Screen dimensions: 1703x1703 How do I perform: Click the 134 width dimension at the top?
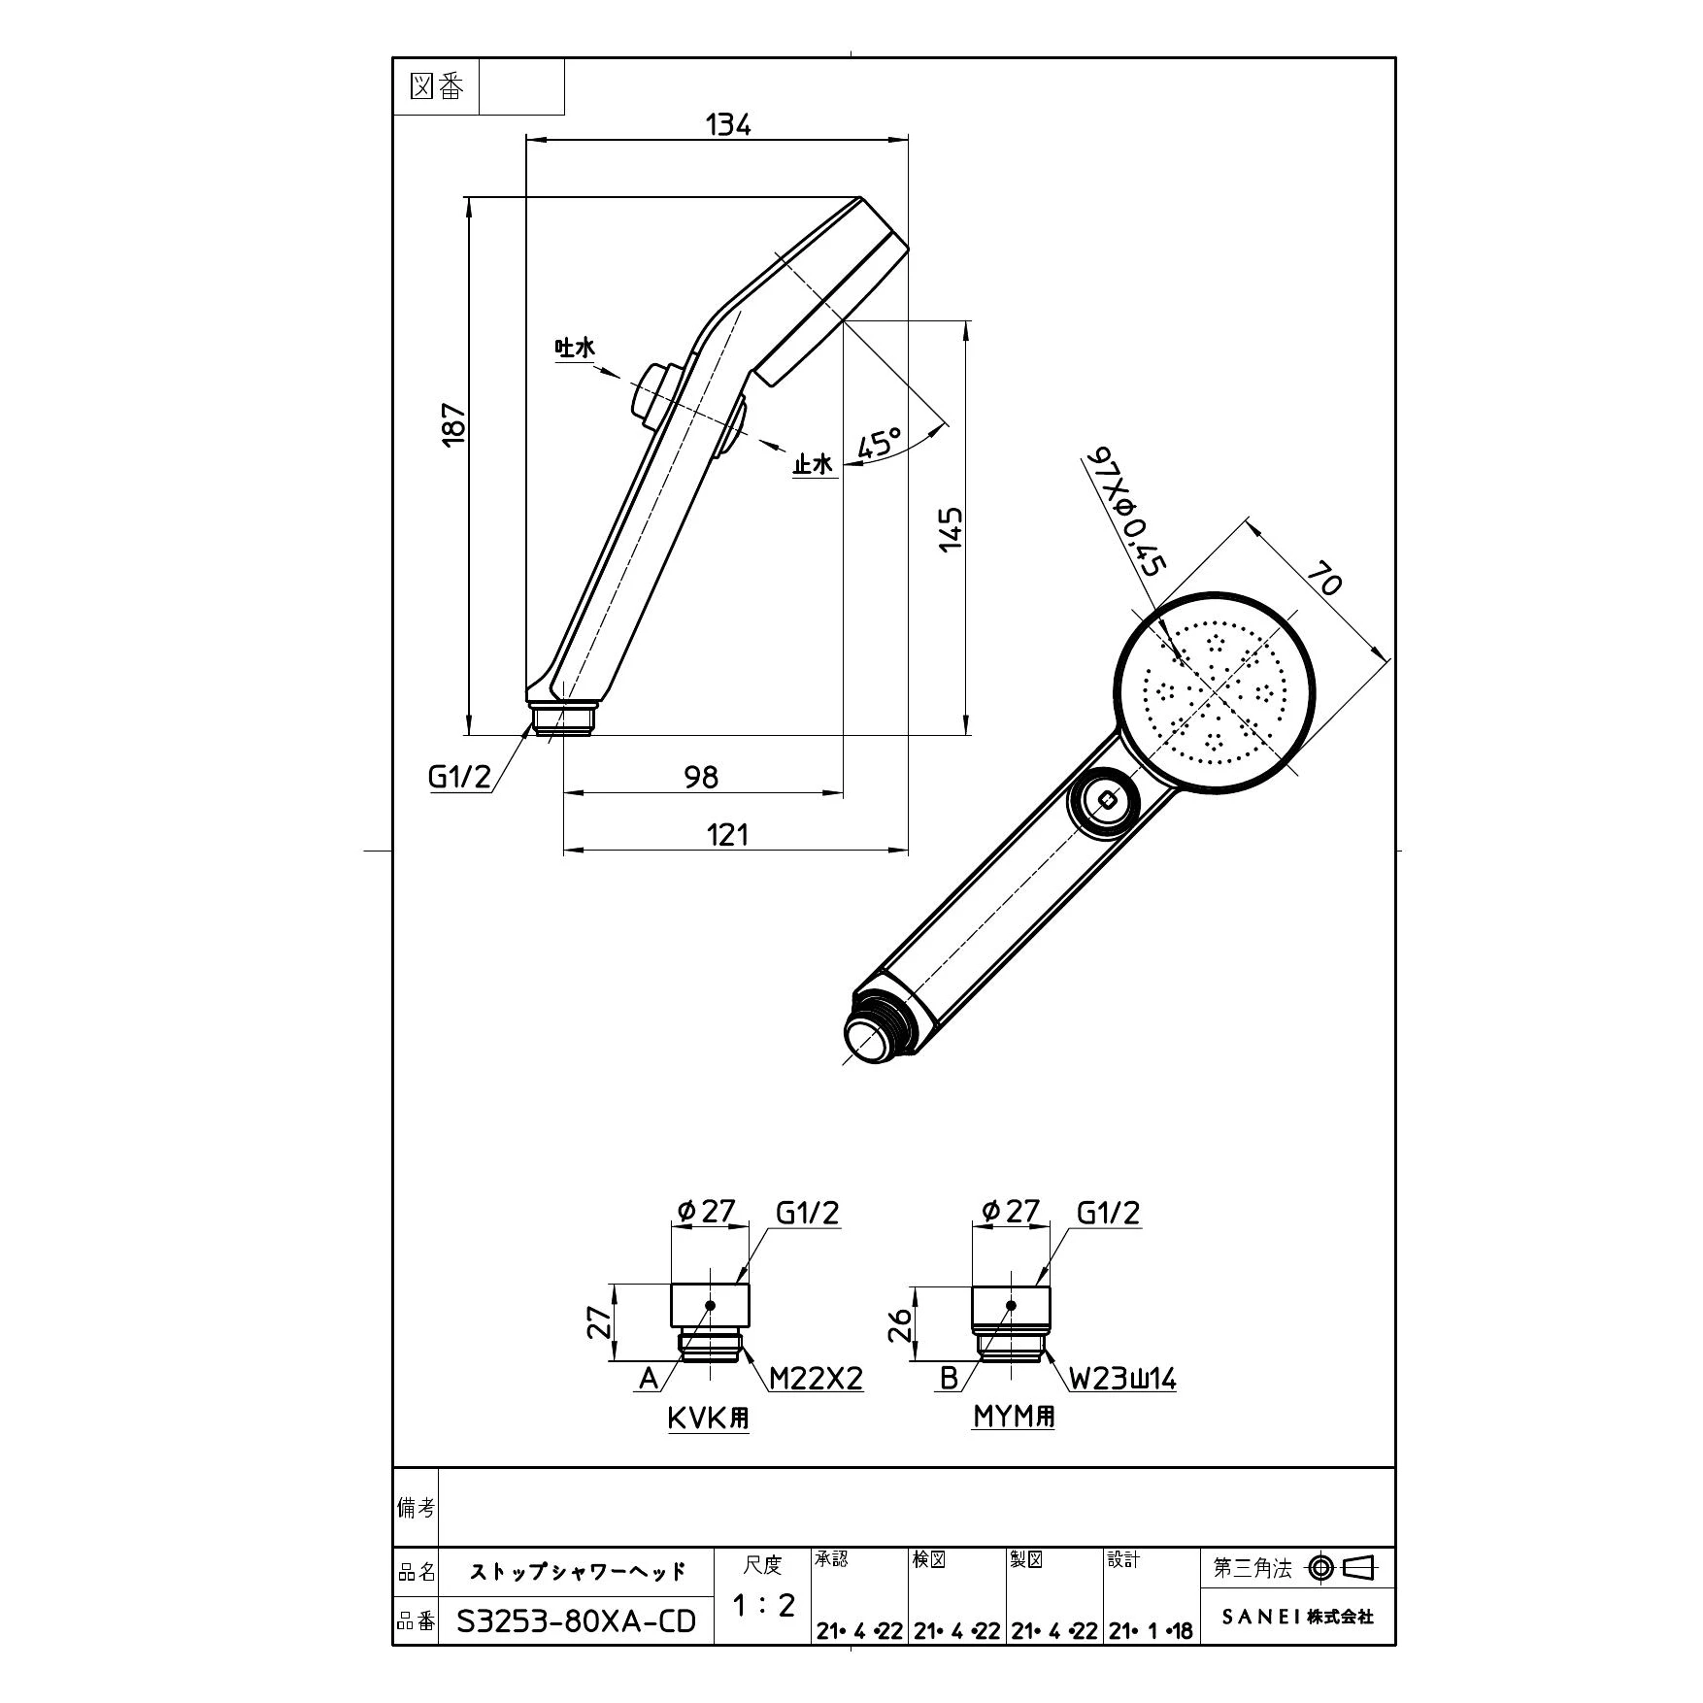coord(728,124)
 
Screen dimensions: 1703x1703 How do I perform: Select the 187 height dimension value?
coord(454,424)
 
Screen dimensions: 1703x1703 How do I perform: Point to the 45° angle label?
coord(880,443)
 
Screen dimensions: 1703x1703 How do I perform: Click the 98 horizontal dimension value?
coord(701,776)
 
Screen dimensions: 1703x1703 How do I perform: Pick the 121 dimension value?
coord(727,834)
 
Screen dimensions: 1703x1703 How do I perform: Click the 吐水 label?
coord(574,348)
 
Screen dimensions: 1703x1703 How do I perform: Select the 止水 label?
coord(814,464)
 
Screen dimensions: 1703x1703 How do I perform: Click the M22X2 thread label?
coord(816,1378)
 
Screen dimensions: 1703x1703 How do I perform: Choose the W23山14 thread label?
coord(1123,1378)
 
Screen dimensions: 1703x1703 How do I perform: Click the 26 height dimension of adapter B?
coord(902,1323)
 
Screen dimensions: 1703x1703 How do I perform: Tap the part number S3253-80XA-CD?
coord(577,1621)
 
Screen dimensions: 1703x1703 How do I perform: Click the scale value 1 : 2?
coord(763,1606)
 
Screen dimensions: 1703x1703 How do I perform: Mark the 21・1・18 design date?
coord(1152,1631)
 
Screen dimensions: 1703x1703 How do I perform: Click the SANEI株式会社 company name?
coord(1297,1617)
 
